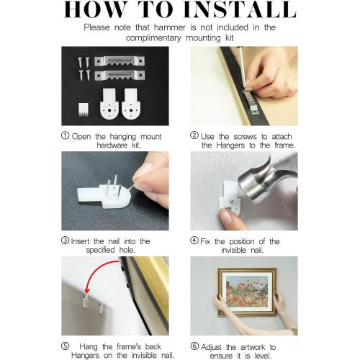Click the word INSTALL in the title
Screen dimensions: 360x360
click(240, 9)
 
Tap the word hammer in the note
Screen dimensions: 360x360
click(170, 27)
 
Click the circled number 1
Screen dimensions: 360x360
click(65, 135)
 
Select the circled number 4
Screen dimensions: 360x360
click(194, 240)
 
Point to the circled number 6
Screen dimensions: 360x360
click(194, 346)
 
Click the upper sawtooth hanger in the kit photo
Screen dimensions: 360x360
click(120, 61)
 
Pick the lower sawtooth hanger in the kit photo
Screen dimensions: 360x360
click(120, 75)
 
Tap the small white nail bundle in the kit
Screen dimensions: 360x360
click(84, 109)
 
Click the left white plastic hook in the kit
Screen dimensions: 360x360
click(109, 104)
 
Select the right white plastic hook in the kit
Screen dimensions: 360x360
click(131, 104)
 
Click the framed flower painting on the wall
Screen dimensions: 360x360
click(247, 292)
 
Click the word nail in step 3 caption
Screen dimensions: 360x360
click(114, 241)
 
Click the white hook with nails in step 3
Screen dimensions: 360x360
click(104, 193)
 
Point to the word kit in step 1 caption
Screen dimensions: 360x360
click(136, 145)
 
